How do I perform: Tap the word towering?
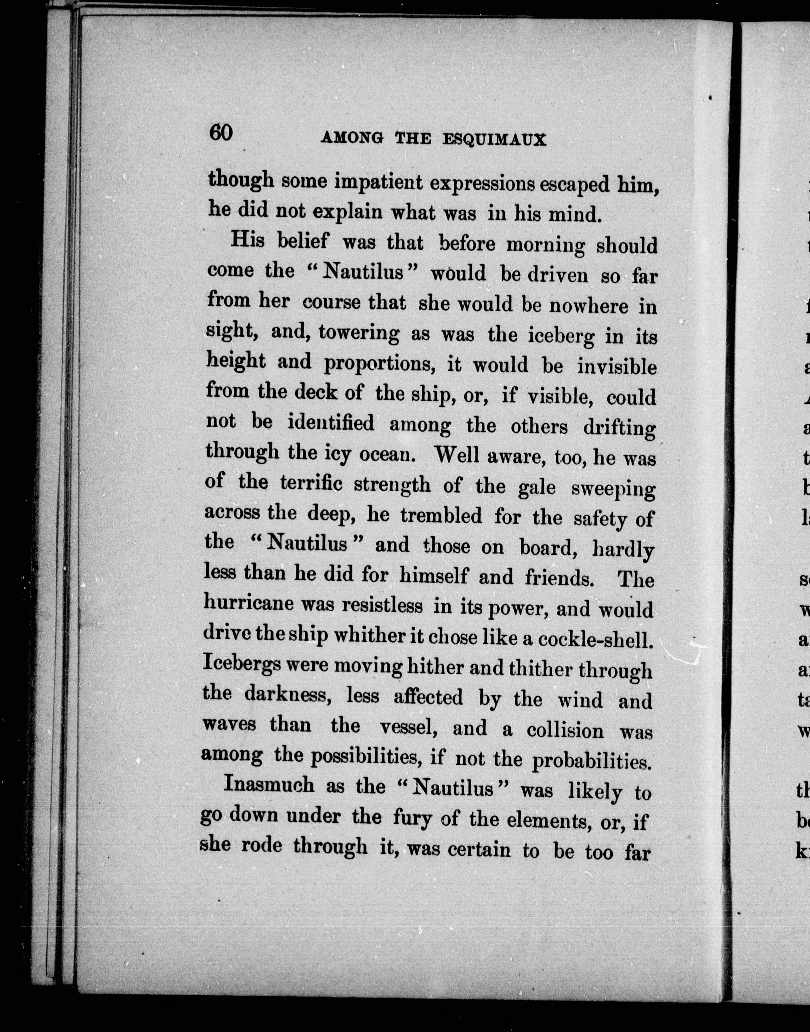click(359, 333)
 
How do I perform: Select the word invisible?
click(617, 367)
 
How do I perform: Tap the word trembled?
click(440, 516)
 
